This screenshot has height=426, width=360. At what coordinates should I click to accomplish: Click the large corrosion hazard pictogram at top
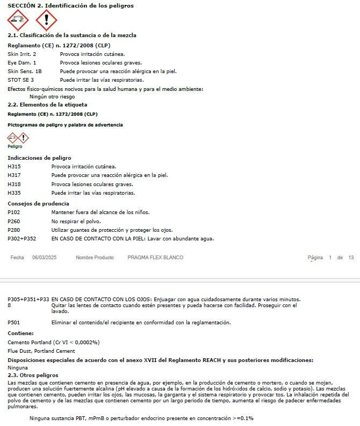[x=18, y=21]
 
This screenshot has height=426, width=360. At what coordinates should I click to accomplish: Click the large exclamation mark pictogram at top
[x=46, y=21]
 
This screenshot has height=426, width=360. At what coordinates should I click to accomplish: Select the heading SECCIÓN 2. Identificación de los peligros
[x=70, y=5]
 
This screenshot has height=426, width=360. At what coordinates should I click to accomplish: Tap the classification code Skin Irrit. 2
[x=22, y=54]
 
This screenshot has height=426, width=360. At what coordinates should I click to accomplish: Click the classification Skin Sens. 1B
[x=24, y=71]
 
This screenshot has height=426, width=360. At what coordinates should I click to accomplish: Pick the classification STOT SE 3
[x=20, y=80]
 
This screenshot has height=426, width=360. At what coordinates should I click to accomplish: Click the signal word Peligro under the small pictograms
[x=15, y=146]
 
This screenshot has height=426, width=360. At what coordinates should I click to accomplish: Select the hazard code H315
[x=14, y=167]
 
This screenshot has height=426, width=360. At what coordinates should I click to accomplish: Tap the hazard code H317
[x=14, y=175]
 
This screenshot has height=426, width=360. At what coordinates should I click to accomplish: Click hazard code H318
[x=14, y=184]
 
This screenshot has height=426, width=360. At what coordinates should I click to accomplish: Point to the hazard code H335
[x=14, y=193]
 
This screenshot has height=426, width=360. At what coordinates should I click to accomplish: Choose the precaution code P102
[x=14, y=212]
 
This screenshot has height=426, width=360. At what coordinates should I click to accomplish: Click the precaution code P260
[x=14, y=221]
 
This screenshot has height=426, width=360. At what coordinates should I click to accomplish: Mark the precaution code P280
[x=14, y=230]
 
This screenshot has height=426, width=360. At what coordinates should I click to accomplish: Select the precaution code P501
[x=14, y=323]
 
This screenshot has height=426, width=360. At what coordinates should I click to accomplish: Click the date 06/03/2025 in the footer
[x=44, y=258]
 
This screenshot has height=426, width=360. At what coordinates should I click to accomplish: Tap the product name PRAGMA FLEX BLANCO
[x=155, y=258]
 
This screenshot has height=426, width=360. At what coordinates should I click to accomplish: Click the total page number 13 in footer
[x=351, y=258]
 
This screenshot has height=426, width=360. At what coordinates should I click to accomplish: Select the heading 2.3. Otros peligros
[x=33, y=375]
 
